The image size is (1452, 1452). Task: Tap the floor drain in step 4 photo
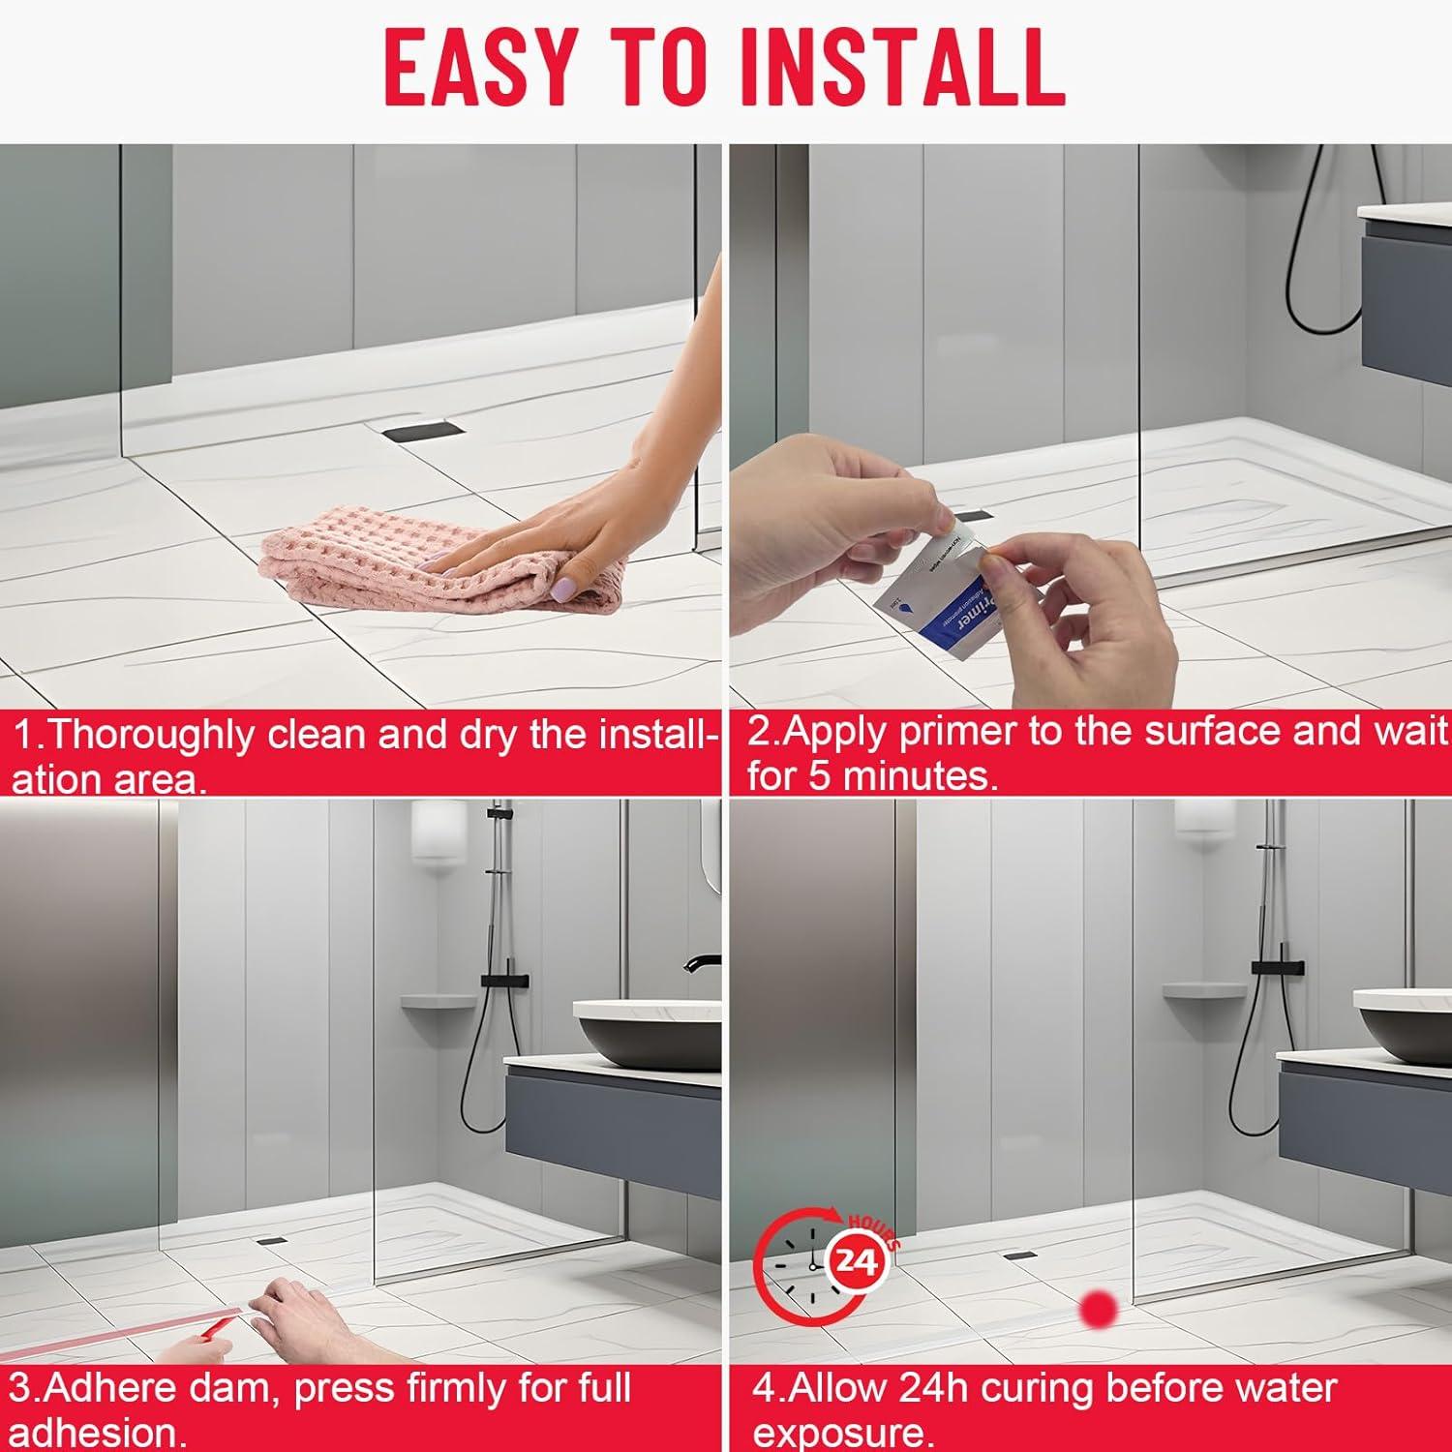(x=1020, y=1255)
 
